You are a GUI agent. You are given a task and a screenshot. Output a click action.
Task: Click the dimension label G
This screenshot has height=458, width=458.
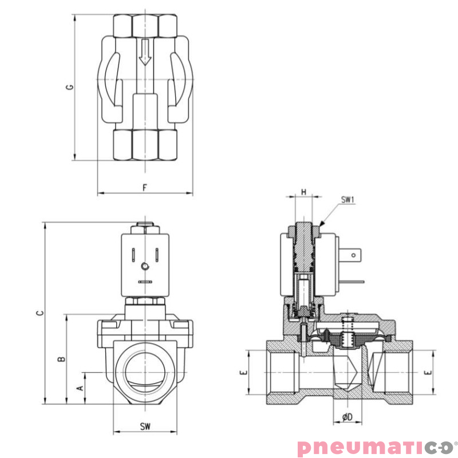[x=69, y=88]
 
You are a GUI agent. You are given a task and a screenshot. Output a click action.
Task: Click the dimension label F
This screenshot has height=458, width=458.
[x=145, y=187]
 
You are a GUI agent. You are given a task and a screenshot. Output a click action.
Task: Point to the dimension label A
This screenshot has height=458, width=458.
[x=80, y=388]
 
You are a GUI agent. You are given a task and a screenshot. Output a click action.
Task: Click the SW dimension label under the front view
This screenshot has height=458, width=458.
[x=145, y=427]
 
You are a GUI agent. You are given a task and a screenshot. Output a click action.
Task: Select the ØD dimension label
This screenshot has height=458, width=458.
[x=347, y=417]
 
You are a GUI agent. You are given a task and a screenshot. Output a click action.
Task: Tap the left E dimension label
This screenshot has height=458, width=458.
[x=244, y=372]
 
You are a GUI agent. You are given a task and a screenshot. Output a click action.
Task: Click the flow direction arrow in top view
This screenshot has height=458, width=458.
[x=145, y=52]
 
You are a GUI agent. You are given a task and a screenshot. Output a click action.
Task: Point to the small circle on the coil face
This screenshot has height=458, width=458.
[x=145, y=266]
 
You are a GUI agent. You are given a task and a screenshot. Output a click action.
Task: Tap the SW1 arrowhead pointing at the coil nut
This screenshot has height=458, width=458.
[x=322, y=223]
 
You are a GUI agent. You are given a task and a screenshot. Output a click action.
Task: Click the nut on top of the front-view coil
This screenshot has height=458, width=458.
[x=145, y=228]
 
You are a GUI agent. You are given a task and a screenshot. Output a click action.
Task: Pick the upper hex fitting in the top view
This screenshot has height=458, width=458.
[x=145, y=25]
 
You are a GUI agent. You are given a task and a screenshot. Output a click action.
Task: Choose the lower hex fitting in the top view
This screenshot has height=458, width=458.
[x=145, y=145]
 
